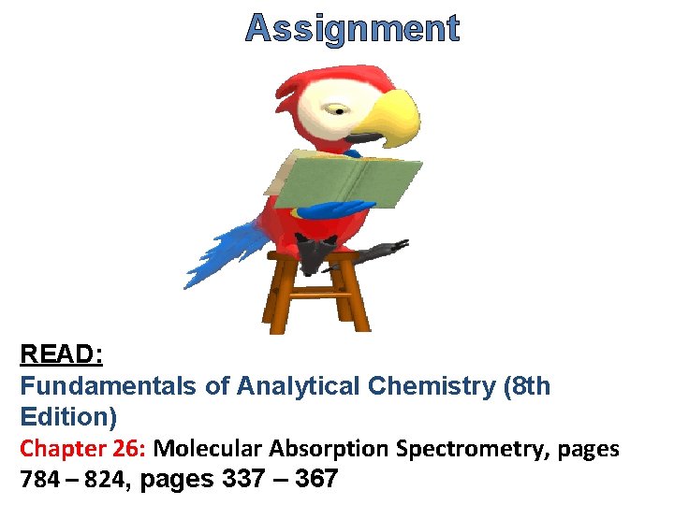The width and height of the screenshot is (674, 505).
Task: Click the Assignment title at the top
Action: (x=352, y=29)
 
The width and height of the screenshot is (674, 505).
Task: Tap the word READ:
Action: (x=62, y=354)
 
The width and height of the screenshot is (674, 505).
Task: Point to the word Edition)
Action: (x=68, y=416)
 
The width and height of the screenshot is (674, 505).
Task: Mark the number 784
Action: (x=38, y=481)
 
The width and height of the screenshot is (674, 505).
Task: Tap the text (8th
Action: (x=526, y=385)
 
